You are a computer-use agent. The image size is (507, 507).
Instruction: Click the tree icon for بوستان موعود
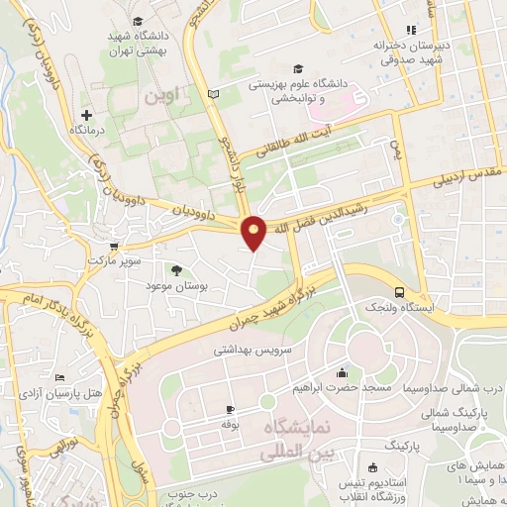(x=176, y=269)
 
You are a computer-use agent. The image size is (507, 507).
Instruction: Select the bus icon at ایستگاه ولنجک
(x=399, y=293)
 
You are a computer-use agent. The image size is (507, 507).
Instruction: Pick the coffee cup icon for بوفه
(x=231, y=409)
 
